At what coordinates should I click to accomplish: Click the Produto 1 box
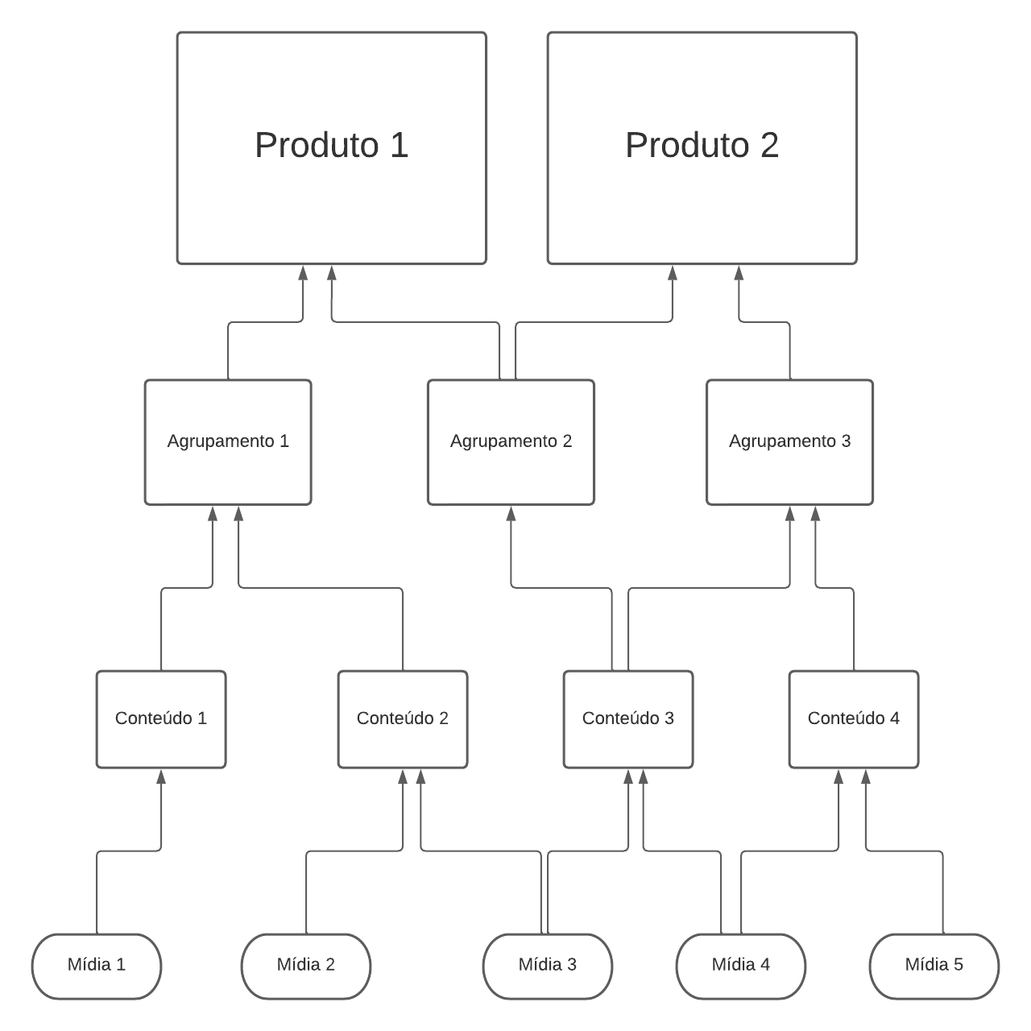tap(331, 147)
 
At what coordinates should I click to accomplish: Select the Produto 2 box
tap(702, 147)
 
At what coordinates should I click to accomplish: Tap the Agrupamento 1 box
tap(228, 442)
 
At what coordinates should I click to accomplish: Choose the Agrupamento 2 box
tap(511, 442)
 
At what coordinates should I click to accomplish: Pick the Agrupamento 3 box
tap(789, 442)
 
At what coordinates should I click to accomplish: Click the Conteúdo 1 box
tap(161, 718)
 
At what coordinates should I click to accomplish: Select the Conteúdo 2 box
tap(403, 718)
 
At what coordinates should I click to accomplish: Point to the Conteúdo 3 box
tap(628, 718)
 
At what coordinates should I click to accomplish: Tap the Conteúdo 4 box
tap(854, 718)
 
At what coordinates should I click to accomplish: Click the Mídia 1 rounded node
tap(97, 966)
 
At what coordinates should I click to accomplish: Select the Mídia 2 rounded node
tap(306, 966)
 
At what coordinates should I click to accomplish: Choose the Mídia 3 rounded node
tap(548, 966)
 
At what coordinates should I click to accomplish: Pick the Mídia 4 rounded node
tap(741, 966)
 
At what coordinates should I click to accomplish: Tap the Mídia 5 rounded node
tap(934, 966)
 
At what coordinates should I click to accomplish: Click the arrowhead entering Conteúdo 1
tap(161, 776)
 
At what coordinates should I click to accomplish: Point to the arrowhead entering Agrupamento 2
tap(511, 513)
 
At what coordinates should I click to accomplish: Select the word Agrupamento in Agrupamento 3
tap(771, 441)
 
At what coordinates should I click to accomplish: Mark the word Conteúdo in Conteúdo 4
tap(845, 718)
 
